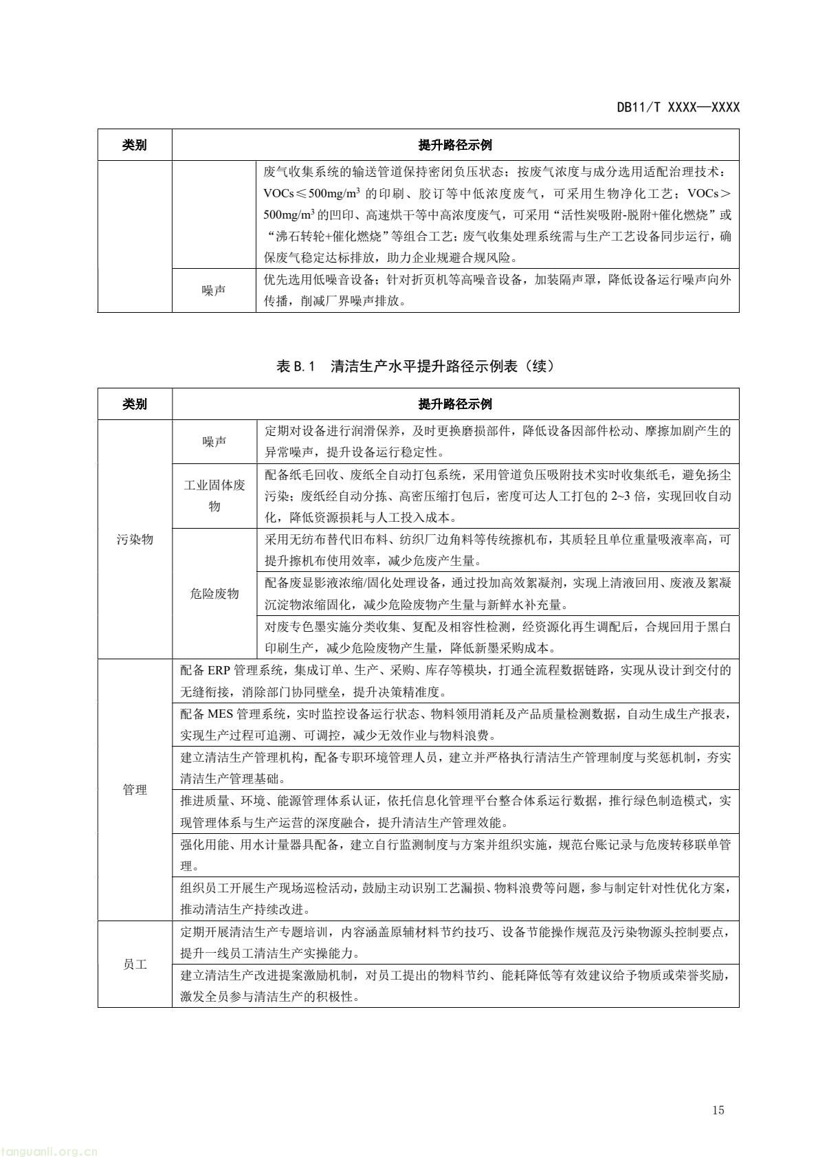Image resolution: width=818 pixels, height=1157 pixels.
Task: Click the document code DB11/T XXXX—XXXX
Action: [677, 107]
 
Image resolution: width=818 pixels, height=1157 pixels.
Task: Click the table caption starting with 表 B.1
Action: [414, 366]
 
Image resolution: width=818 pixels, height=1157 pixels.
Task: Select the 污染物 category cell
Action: [135, 539]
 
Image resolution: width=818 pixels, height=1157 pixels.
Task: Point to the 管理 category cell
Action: [135, 790]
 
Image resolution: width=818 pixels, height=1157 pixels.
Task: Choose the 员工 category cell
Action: [135, 965]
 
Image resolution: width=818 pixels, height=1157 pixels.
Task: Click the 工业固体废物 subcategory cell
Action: [214, 496]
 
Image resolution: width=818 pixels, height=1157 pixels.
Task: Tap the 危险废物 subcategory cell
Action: [214, 593]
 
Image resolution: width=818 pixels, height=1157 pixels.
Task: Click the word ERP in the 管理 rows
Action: [217, 670]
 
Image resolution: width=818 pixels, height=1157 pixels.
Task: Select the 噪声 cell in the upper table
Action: [214, 291]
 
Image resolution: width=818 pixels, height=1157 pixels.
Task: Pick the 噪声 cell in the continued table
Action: [214, 442]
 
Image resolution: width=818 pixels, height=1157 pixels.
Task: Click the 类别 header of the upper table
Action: [135, 145]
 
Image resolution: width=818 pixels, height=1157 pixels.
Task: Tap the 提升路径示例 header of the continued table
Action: [455, 404]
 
